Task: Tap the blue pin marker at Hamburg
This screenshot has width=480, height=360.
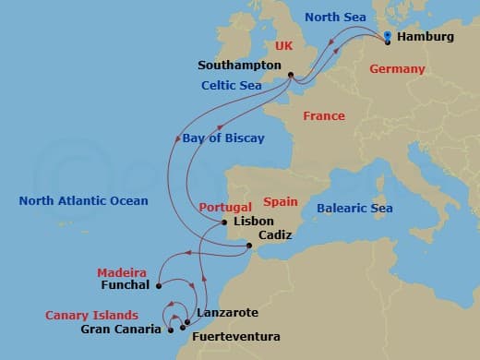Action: click(x=388, y=37)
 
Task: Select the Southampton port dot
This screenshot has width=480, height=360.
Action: click(x=290, y=76)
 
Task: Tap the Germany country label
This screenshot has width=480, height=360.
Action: click(x=397, y=69)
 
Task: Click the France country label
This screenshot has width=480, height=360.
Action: click(x=323, y=116)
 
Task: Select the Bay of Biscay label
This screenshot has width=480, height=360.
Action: click(x=222, y=138)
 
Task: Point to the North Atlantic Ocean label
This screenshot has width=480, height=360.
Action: click(x=83, y=200)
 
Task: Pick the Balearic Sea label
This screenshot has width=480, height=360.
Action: click(x=354, y=209)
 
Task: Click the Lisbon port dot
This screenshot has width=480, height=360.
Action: click(x=224, y=222)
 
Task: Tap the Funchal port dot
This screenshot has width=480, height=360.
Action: click(x=159, y=285)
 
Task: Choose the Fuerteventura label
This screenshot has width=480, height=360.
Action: click(x=234, y=337)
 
